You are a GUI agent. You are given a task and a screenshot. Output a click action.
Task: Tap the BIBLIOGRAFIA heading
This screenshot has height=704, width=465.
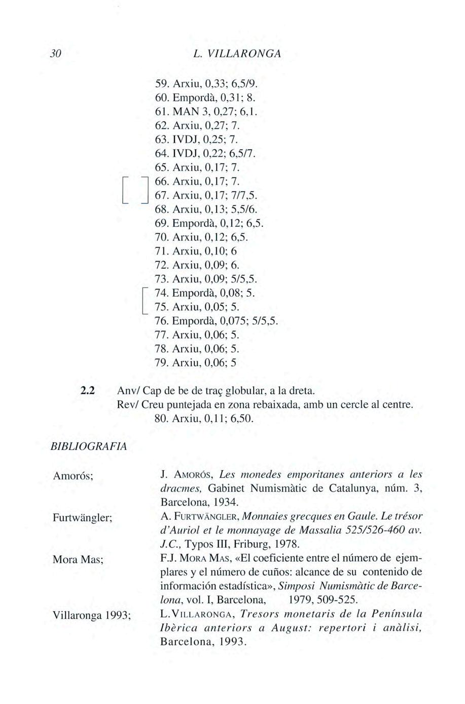coord(89,446)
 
